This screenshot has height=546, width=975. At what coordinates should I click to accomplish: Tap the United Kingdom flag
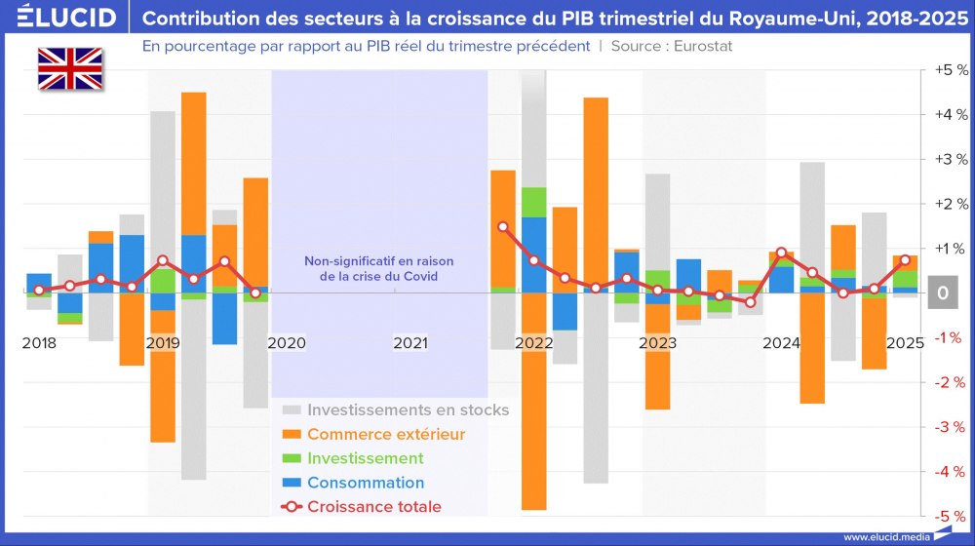[x=70, y=69]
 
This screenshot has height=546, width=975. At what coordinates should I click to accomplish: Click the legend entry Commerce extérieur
[x=385, y=434]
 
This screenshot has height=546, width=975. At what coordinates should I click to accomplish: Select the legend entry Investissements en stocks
[x=408, y=409]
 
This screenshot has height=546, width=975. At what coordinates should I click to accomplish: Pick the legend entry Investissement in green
[x=365, y=458]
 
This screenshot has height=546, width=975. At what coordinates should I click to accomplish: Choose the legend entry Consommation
[x=365, y=483]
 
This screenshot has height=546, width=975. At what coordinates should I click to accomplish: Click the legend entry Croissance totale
[x=373, y=506]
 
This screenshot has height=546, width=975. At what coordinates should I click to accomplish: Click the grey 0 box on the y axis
[x=942, y=292]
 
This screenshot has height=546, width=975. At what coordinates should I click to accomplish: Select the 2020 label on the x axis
[x=287, y=343]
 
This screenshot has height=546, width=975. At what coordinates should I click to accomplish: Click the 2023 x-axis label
[x=658, y=343]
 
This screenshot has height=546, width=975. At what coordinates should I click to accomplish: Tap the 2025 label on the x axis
[x=905, y=343]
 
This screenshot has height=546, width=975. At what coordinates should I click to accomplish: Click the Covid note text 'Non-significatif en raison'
[x=379, y=260]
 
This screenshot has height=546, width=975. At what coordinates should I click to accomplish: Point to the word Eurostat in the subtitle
[x=701, y=46]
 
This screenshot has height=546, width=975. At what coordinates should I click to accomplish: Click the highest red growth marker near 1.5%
[x=503, y=226]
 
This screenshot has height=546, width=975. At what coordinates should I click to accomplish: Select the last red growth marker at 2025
[x=906, y=259]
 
